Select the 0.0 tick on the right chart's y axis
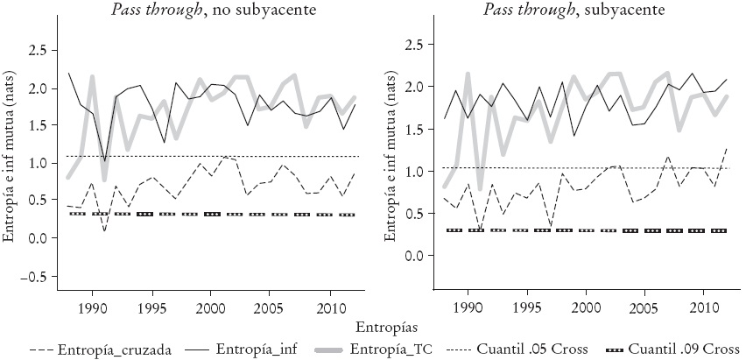click(415, 256)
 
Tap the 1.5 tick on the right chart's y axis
click(415, 129)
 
